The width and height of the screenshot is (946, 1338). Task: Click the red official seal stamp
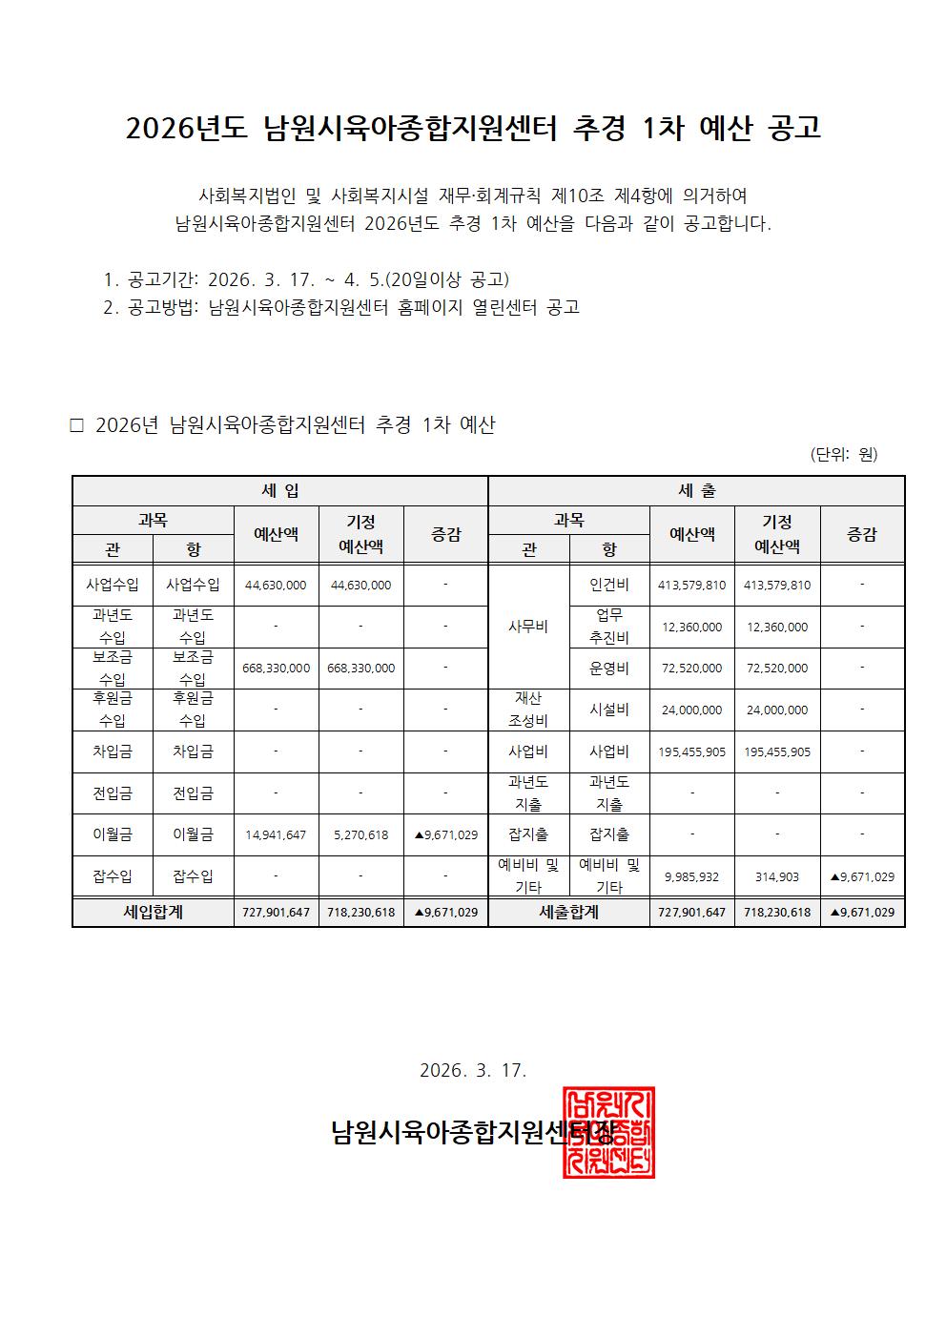click(x=608, y=1131)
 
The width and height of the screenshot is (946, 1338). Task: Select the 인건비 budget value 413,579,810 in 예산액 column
click(x=691, y=585)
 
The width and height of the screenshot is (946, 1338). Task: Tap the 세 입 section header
click(x=279, y=491)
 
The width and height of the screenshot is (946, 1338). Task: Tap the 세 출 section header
click(x=696, y=491)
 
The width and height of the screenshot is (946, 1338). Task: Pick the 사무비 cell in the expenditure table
click(x=528, y=627)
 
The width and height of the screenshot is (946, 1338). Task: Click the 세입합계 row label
click(x=153, y=912)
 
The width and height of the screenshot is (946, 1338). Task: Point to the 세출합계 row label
click(x=568, y=912)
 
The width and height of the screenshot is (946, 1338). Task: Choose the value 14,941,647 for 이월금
click(x=276, y=834)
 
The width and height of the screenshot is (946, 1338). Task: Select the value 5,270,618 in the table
click(x=360, y=834)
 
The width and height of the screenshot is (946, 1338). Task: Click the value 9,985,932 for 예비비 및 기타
click(x=691, y=876)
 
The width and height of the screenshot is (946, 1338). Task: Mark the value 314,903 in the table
click(x=776, y=876)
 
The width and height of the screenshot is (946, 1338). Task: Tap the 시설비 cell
click(x=608, y=710)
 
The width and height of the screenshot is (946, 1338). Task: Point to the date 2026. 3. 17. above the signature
click(x=473, y=1070)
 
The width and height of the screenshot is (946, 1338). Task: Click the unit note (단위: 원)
click(x=843, y=454)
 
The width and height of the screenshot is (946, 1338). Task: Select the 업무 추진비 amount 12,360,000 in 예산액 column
click(x=691, y=627)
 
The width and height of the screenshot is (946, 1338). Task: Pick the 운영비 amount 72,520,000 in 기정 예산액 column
click(x=776, y=668)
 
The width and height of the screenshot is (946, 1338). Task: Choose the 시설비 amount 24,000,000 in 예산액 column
click(x=691, y=710)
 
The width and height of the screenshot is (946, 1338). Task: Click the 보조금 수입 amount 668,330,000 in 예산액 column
click(x=276, y=668)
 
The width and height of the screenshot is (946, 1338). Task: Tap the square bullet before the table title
click(x=77, y=425)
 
